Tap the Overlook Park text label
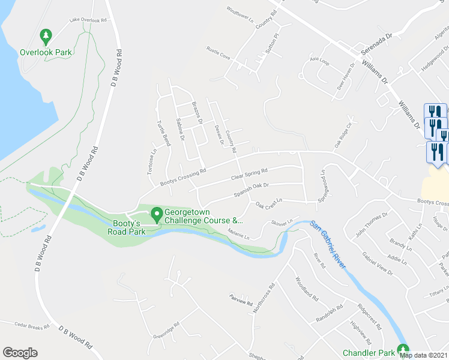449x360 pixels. [x=46, y=52]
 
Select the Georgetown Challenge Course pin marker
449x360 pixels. [x=157, y=214]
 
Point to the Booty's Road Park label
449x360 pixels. [x=127, y=226]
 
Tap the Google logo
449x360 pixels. [x=20, y=353]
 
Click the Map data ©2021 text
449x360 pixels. [x=424, y=355]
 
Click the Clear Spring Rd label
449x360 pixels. [x=249, y=176]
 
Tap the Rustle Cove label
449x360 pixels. [x=218, y=52]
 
